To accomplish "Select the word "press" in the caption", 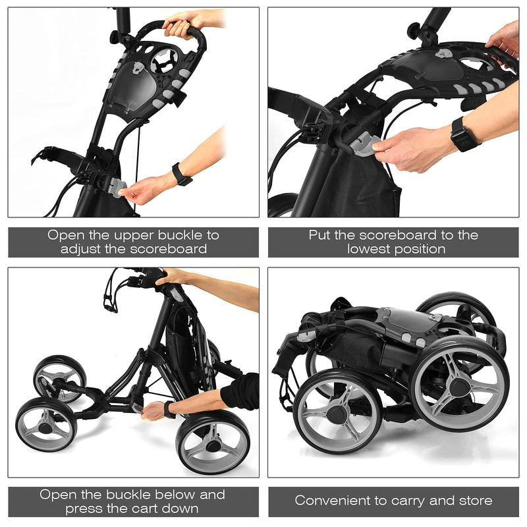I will [x=83, y=509].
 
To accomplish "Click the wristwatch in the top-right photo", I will [x=465, y=134].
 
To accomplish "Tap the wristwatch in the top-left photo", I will [x=181, y=175].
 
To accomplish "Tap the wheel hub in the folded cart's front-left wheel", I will [x=336, y=414].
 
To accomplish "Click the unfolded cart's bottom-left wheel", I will [x=45, y=425].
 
